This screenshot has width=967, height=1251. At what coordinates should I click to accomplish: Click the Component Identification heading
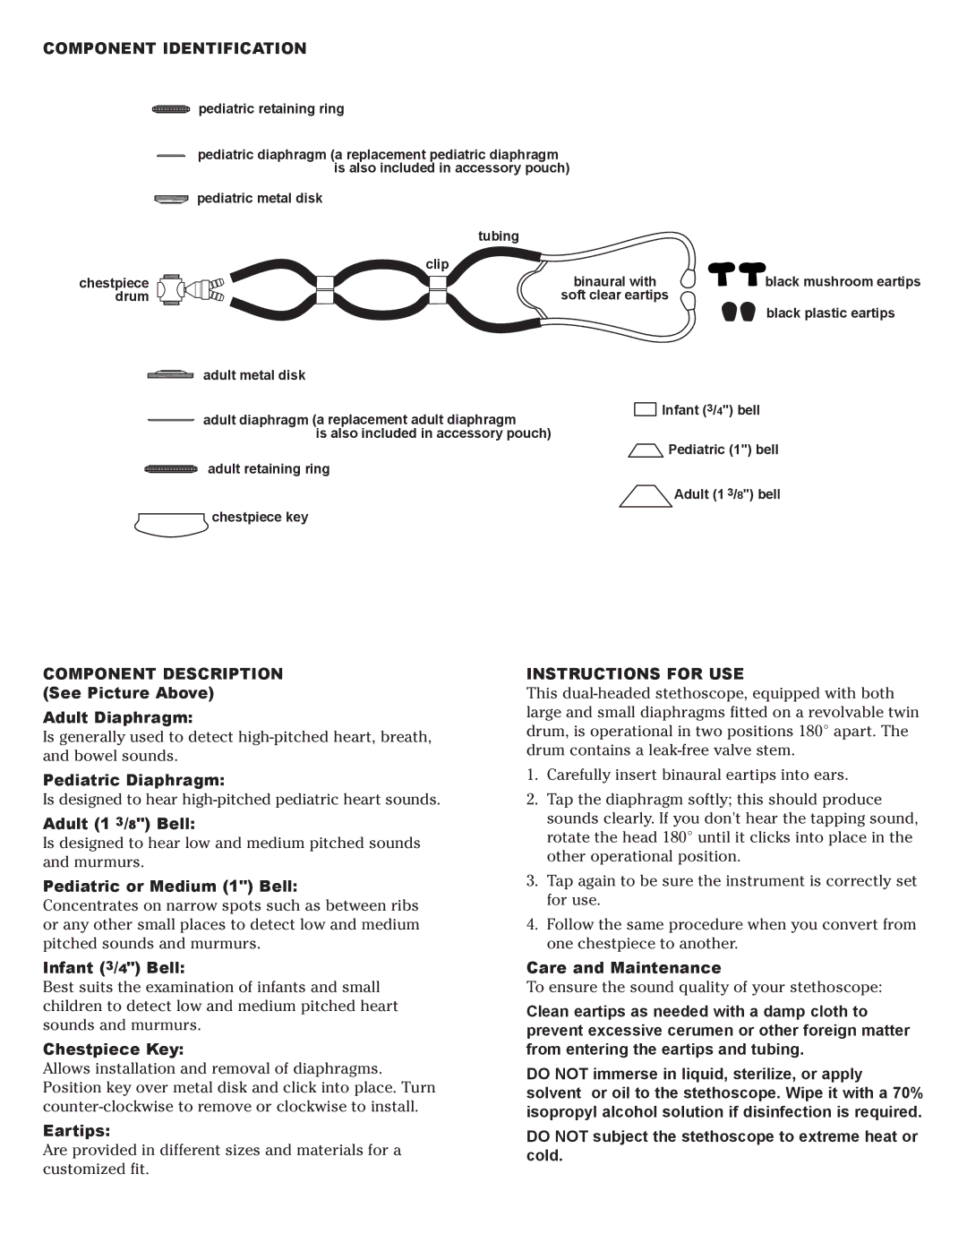[x=175, y=48]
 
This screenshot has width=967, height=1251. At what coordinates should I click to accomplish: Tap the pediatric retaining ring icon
[x=171, y=109]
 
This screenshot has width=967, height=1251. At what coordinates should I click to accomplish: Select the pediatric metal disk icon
[x=171, y=199]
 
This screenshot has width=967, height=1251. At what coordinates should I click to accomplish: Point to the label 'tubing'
[x=498, y=236]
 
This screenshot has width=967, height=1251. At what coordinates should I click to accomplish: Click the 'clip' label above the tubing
[x=437, y=264]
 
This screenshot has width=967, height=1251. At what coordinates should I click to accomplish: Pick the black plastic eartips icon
[x=739, y=312]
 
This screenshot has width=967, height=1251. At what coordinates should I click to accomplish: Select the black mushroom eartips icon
[x=737, y=274]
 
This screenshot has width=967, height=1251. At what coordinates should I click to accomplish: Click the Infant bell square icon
[x=645, y=409]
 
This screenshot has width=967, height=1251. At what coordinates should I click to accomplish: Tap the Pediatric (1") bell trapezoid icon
[x=646, y=450]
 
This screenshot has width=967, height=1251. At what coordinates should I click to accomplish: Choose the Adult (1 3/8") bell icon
[x=645, y=496]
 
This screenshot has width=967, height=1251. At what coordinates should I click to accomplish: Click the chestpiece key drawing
[x=171, y=524]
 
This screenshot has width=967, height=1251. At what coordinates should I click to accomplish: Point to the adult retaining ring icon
[x=171, y=469]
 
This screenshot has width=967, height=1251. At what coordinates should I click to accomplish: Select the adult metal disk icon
[x=170, y=375]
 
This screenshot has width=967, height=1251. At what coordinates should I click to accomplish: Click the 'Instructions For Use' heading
[x=635, y=673]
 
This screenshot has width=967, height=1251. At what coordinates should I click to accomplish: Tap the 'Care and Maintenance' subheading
[x=623, y=967]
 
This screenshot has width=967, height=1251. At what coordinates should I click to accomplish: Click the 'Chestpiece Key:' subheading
[x=113, y=1049]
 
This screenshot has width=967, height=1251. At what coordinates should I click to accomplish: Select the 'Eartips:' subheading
[x=76, y=1130]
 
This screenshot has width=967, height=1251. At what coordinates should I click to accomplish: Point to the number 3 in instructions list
[x=532, y=881]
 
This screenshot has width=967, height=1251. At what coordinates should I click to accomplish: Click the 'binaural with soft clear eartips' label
[x=614, y=288]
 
